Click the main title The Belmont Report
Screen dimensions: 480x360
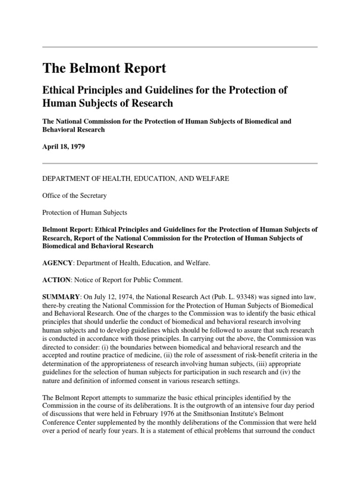pos(104,68)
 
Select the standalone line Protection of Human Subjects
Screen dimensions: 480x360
pos(85,212)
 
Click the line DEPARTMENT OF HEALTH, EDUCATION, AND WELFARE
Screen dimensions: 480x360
pos(129,179)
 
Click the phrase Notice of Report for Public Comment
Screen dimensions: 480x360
pos(132,280)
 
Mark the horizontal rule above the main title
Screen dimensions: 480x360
pos(180,47)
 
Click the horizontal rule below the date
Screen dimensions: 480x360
pos(180,163)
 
